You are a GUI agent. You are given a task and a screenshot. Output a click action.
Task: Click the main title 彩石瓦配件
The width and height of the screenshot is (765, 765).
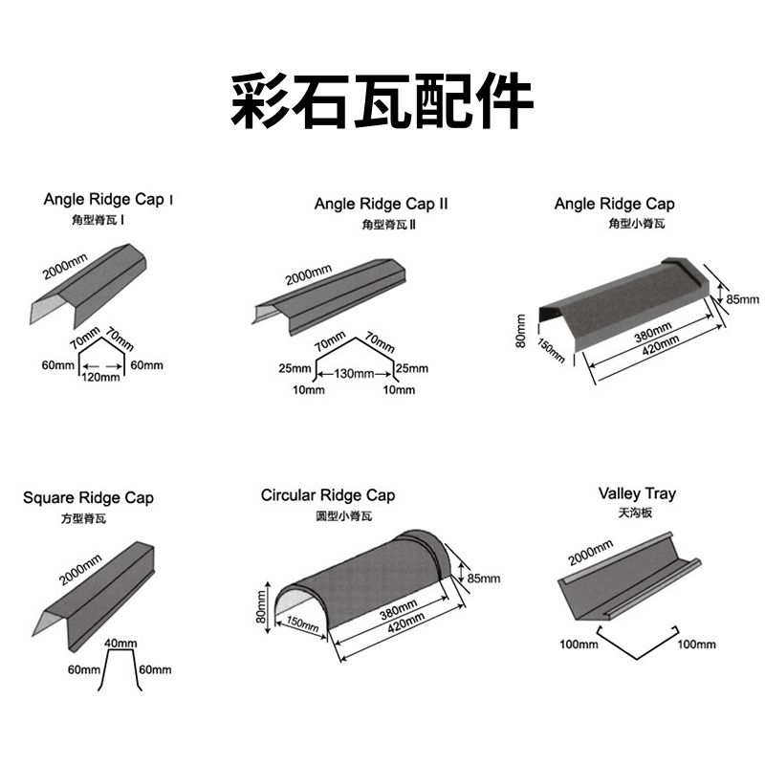click(x=382, y=100)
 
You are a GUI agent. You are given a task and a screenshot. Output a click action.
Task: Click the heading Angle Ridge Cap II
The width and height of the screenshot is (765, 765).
click(x=381, y=204)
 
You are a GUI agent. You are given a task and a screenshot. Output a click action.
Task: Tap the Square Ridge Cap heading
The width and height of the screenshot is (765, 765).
click(x=88, y=498)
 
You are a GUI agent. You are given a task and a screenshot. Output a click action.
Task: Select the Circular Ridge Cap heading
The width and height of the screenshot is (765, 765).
click(x=328, y=495)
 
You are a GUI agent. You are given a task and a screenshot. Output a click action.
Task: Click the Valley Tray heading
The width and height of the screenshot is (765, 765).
click(x=637, y=493)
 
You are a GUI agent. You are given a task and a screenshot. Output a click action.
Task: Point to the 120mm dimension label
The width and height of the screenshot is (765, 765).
click(x=99, y=377)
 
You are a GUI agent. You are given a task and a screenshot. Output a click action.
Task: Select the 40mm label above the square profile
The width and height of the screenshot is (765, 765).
click(x=119, y=644)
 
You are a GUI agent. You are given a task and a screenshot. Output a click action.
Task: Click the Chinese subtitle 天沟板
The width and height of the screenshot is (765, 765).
click(x=636, y=514)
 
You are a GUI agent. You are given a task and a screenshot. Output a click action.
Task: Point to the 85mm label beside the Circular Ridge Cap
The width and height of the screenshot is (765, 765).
click(x=483, y=579)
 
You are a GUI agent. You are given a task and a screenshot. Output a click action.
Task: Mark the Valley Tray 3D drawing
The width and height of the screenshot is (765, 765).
click(x=626, y=583)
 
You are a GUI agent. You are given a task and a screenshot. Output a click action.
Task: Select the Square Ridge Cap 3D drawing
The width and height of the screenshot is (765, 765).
click(x=96, y=588)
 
